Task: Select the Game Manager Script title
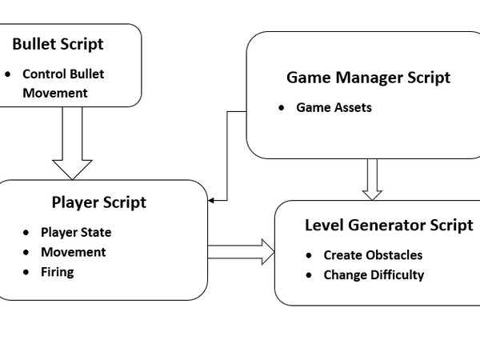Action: (x=368, y=78)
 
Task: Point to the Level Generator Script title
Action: (x=389, y=225)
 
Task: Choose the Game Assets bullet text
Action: (x=334, y=107)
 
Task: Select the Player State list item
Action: (x=76, y=233)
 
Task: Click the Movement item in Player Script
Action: (x=74, y=252)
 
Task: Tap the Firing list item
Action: (x=58, y=271)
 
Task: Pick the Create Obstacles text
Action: (x=373, y=255)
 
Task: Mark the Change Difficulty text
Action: (x=374, y=274)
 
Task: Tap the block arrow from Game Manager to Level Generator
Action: (x=371, y=178)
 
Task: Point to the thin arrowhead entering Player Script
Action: (x=212, y=201)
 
